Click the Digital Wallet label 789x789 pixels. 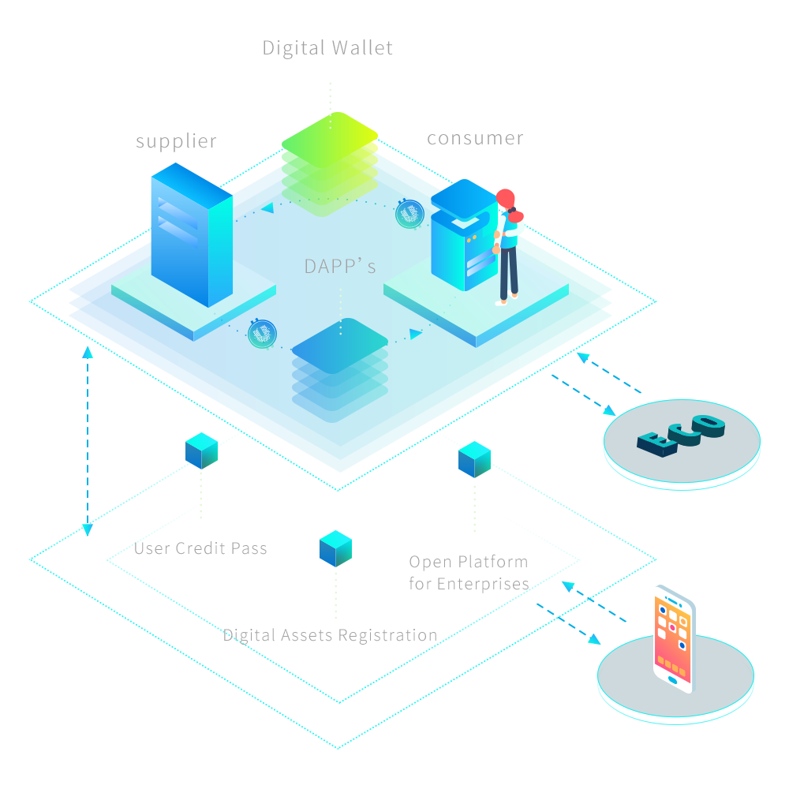tap(327, 48)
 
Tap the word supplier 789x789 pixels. tap(176, 142)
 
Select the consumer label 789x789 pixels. tap(474, 139)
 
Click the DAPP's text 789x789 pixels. tap(340, 267)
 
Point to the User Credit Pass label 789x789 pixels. tap(201, 548)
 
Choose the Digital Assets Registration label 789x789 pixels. tap(330, 635)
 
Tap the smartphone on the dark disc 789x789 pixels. tap(674, 638)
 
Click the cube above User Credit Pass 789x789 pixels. tap(201, 450)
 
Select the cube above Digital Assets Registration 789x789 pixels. tap(335, 548)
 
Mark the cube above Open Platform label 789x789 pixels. tap(474, 459)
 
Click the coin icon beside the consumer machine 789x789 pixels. tap(409, 213)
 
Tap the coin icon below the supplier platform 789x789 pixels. tap(261, 334)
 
